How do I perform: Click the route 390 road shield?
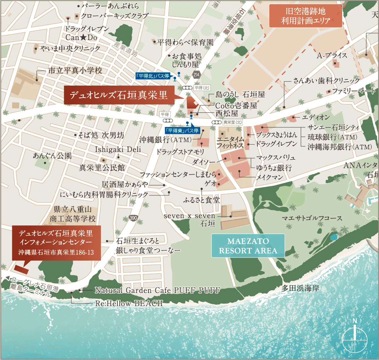point(133,218)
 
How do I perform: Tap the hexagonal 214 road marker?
point(196,74)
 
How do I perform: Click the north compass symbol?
point(355,334)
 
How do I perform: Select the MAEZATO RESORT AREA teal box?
point(248,246)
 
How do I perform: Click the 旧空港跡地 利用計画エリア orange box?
point(305,16)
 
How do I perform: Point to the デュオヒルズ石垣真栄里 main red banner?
point(119,95)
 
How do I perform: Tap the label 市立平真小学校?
point(75,71)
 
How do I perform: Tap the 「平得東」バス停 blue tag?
point(181,130)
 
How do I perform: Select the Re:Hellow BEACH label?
point(129,303)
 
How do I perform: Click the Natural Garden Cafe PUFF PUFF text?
point(157,291)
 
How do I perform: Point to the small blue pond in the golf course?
point(333,237)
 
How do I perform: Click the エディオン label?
point(316,117)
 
